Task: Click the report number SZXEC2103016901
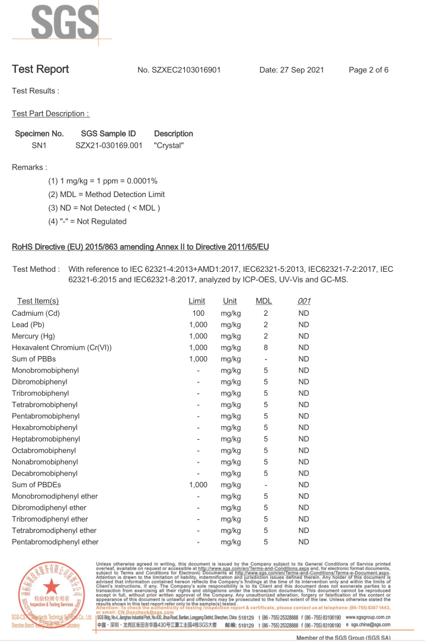click(x=179, y=70)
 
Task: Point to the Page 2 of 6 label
click(x=369, y=70)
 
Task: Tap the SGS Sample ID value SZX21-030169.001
click(x=109, y=145)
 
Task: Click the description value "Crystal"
click(x=169, y=145)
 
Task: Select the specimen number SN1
click(x=39, y=145)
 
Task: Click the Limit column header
click(x=197, y=302)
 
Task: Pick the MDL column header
click(x=264, y=302)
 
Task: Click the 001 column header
click(x=303, y=302)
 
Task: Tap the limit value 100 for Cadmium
click(x=199, y=313)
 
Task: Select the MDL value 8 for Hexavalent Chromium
click(x=266, y=348)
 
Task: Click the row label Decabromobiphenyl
click(x=44, y=474)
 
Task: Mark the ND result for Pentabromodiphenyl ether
click(x=303, y=542)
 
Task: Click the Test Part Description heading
click(x=50, y=113)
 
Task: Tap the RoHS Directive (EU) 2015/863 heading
click(x=140, y=247)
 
